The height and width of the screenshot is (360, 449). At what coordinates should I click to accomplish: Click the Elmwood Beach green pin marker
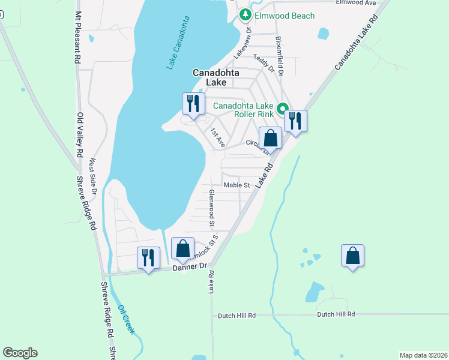[245, 16]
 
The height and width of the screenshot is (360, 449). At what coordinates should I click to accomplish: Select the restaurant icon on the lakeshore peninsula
[192, 103]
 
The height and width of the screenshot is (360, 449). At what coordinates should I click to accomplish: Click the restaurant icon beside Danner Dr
[148, 257]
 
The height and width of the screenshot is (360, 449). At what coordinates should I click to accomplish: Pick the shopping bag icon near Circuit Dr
[271, 137]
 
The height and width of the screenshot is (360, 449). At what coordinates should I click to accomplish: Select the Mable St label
[237, 185]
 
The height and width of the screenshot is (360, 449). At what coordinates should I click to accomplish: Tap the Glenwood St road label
[212, 209]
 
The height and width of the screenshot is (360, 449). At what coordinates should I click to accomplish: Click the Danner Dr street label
[190, 266]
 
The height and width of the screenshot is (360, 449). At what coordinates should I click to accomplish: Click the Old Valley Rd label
[79, 136]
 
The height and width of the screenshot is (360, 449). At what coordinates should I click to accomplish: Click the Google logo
[20, 353]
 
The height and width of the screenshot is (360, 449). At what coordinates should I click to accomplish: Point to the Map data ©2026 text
[423, 355]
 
